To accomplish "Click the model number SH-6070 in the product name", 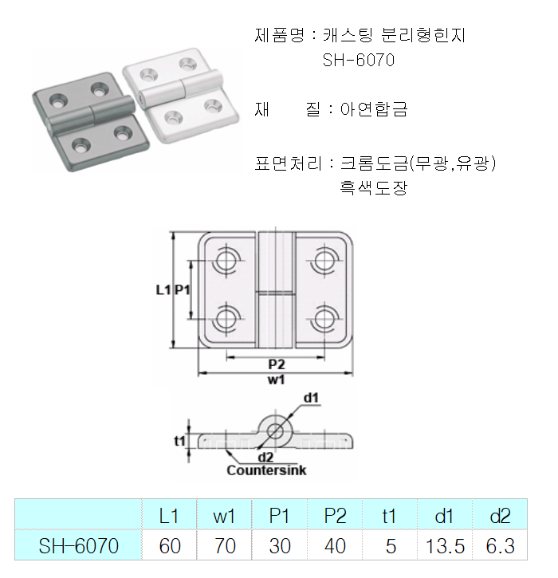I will pyautogui.click(x=359, y=60).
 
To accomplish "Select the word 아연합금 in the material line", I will pyautogui.click(x=374, y=110).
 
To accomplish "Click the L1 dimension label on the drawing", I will pyautogui.click(x=163, y=290).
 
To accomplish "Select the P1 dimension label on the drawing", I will pyautogui.click(x=183, y=290).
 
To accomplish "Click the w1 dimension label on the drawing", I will pyautogui.click(x=276, y=380).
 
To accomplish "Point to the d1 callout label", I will pyautogui.click(x=311, y=397).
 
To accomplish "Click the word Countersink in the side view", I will pyautogui.click(x=266, y=470).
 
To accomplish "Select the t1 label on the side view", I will pyautogui.click(x=180, y=440).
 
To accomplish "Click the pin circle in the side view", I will pyautogui.click(x=276, y=431).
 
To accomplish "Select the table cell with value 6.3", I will pyautogui.click(x=500, y=546).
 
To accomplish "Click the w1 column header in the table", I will pyautogui.click(x=224, y=516).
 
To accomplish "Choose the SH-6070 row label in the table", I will pyautogui.click(x=79, y=546).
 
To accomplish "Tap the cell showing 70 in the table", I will pyautogui.click(x=224, y=546).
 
